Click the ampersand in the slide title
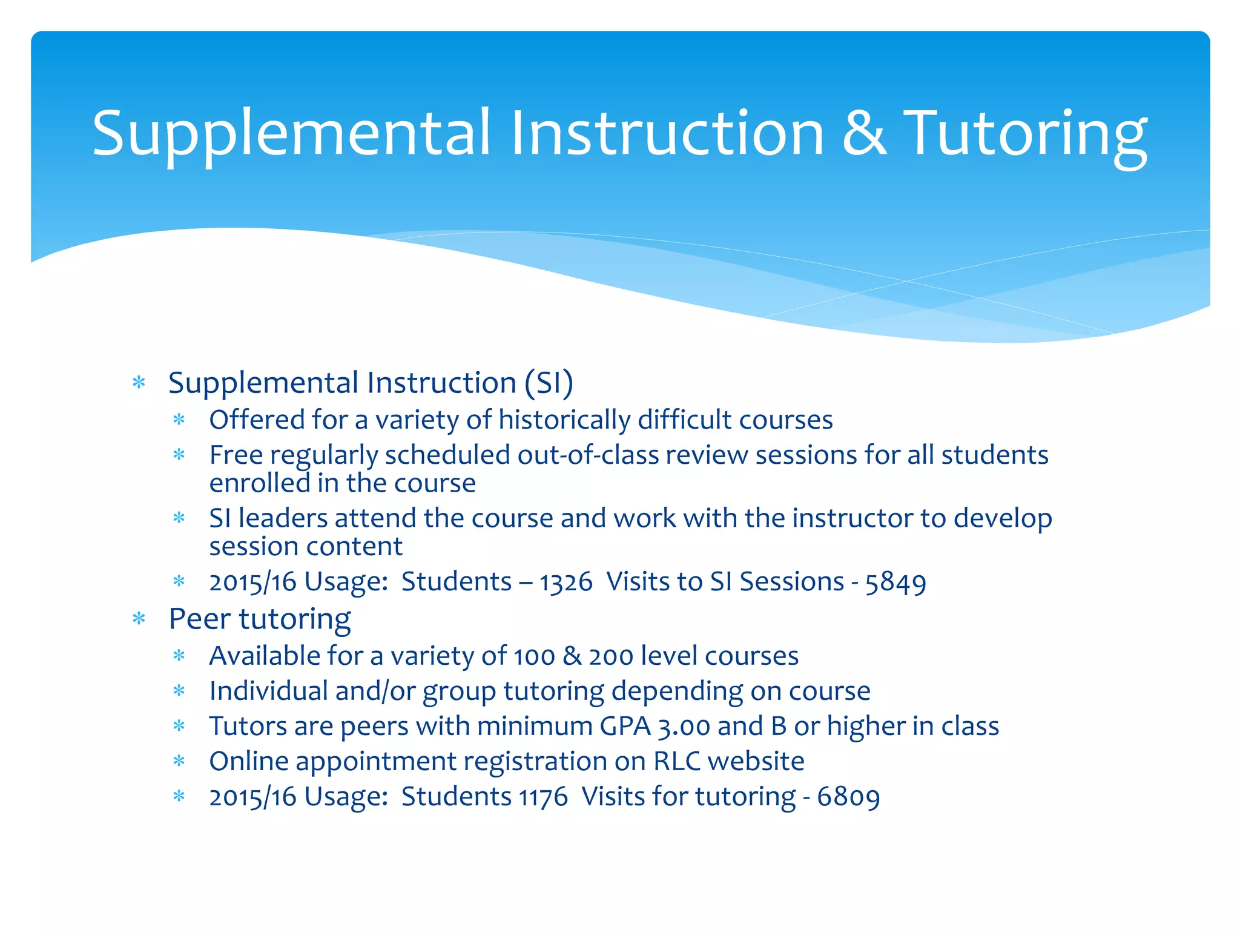[864, 134]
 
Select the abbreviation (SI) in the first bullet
[549, 383]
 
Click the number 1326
[566, 582]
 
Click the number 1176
[543, 797]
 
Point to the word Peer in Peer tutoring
[199, 619]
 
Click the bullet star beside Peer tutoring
[139, 619]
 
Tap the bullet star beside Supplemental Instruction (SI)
[139, 383]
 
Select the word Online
[248, 762]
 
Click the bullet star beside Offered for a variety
[179, 420]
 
